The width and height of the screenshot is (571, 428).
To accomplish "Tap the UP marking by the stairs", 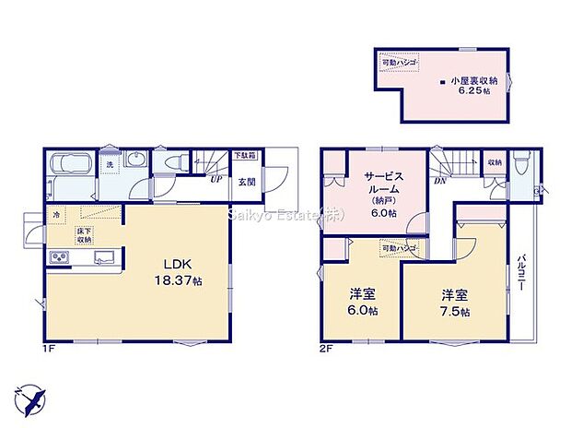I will click(x=214, y=181).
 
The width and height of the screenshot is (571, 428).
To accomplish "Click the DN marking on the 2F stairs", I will click(x=438, y=181).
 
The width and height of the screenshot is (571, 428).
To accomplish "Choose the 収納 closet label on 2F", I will click(x=495, y=163).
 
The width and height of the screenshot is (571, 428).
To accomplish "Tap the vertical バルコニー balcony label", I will click(x=521, y=274).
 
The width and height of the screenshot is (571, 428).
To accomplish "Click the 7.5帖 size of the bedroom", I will click(x=452, y=312).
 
